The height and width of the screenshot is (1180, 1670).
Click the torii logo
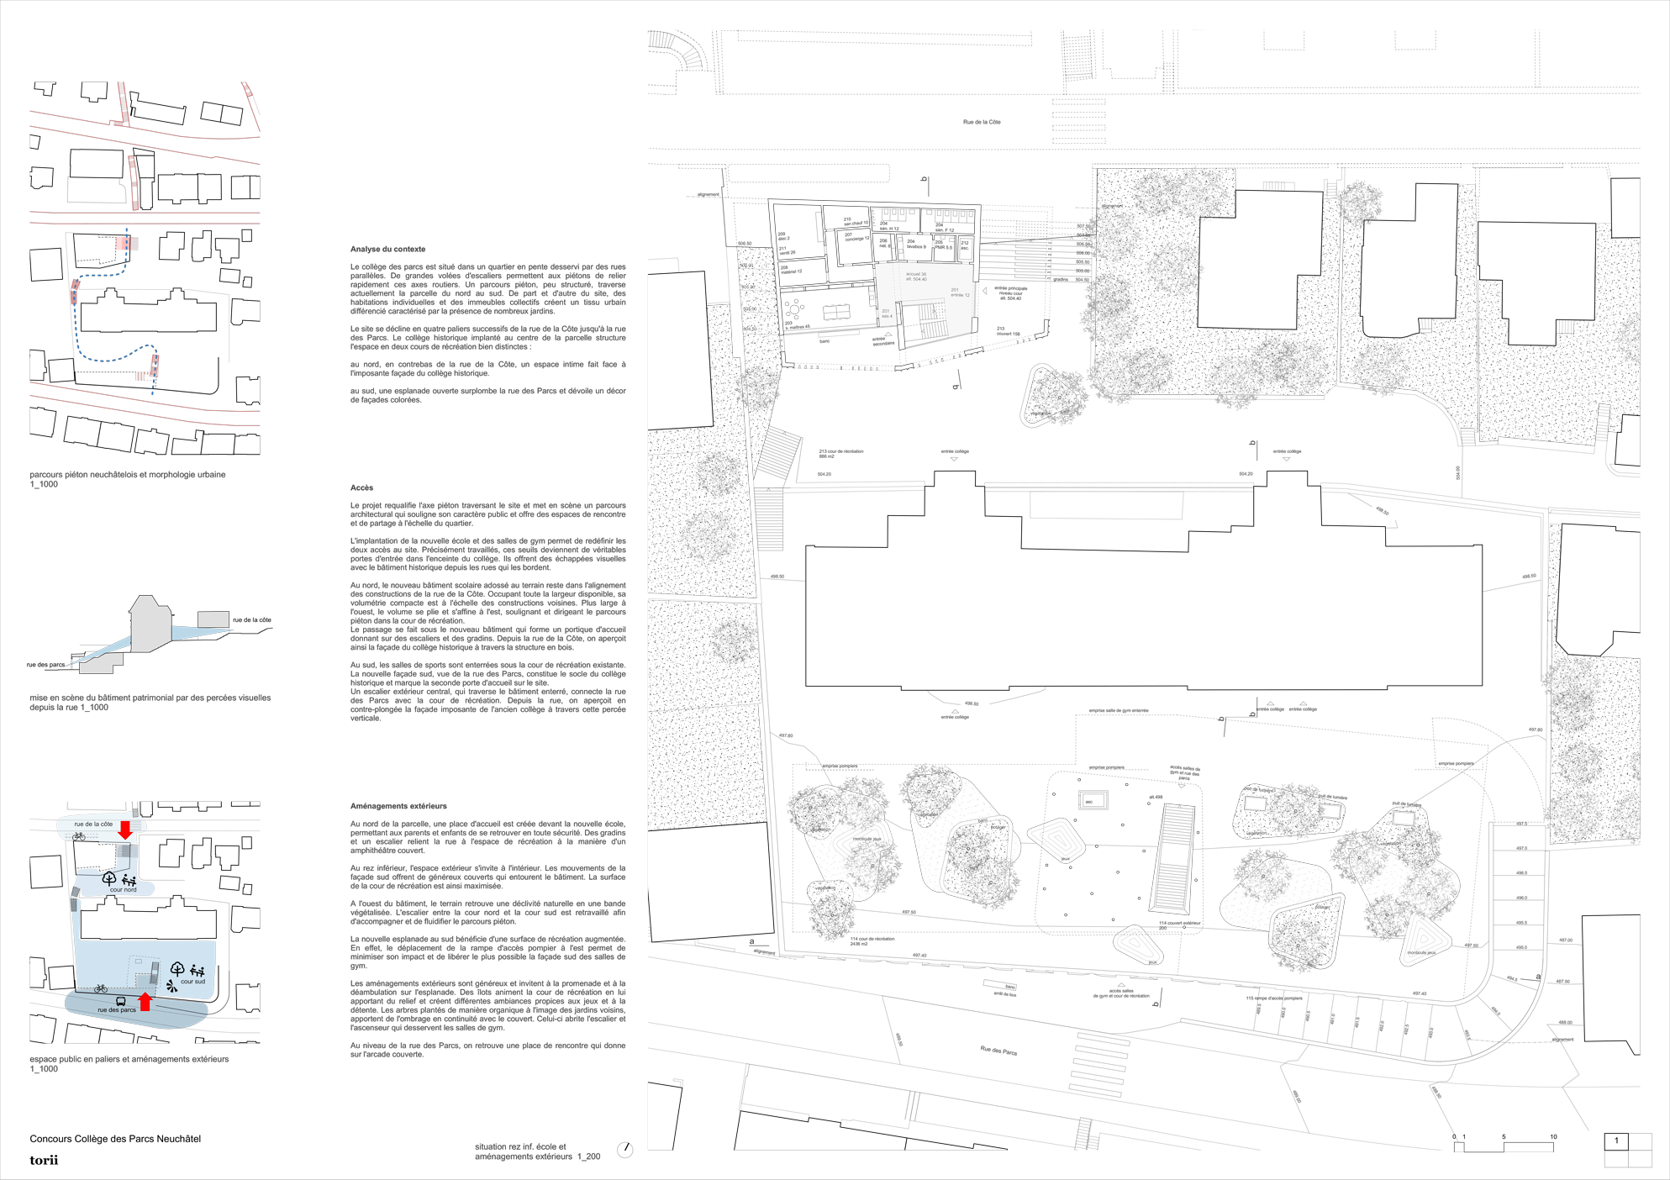pyautogui.click(x=44, y=1160)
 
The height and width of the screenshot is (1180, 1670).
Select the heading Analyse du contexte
pyautogui.click(x=387, y=249)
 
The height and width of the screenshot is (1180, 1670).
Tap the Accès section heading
pyautogui.click(x=361, y=487)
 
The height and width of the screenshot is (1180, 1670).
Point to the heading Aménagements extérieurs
pyautogui.click(x=398, y=806)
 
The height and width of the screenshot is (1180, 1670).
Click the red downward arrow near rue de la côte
pyautogui.click(x=125, y=830)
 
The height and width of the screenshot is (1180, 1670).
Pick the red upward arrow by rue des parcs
pyautogui.click(x=145, y=1001)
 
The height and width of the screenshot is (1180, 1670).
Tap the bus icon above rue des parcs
pyautogui.click(x=121, y=1001)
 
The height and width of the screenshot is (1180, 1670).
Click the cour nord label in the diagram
pyautogui.click(x=123, y=889)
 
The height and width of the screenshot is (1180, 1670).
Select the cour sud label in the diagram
pyautogui.click(x=192, y=981)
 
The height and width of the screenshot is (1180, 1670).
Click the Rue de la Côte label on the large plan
pyautogui.click(x=981, y=122)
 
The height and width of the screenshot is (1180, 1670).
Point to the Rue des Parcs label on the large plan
pyautogui.click(x=998, y=1050)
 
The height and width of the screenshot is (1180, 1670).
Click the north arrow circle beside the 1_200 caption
pyautogui.click(x=624, y=1150)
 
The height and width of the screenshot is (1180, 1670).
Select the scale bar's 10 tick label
pyautogui.click(x=1553, y=1136)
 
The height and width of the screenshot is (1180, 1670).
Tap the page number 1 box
pyautogui.click(x=1616, y=1140)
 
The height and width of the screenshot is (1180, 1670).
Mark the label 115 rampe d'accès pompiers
pyautogui.click(x=1274, y=998)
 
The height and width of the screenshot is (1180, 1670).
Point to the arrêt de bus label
pyautogui.click(x=1004, y=993)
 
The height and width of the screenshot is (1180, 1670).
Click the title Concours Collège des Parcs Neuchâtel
pyautogui.click(x=115, y=1139)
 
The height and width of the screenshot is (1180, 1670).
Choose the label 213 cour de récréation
pyautogui.click(x=840, y=451)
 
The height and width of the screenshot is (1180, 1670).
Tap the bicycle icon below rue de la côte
pyautogui.click(x=79, y=836)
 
